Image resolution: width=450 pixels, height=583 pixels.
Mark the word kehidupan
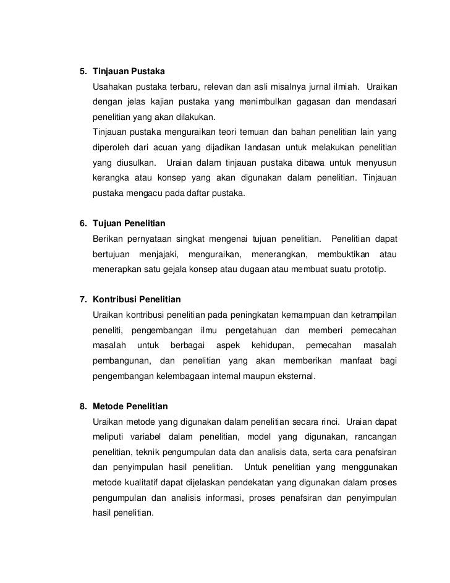[x=268, y=344]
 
